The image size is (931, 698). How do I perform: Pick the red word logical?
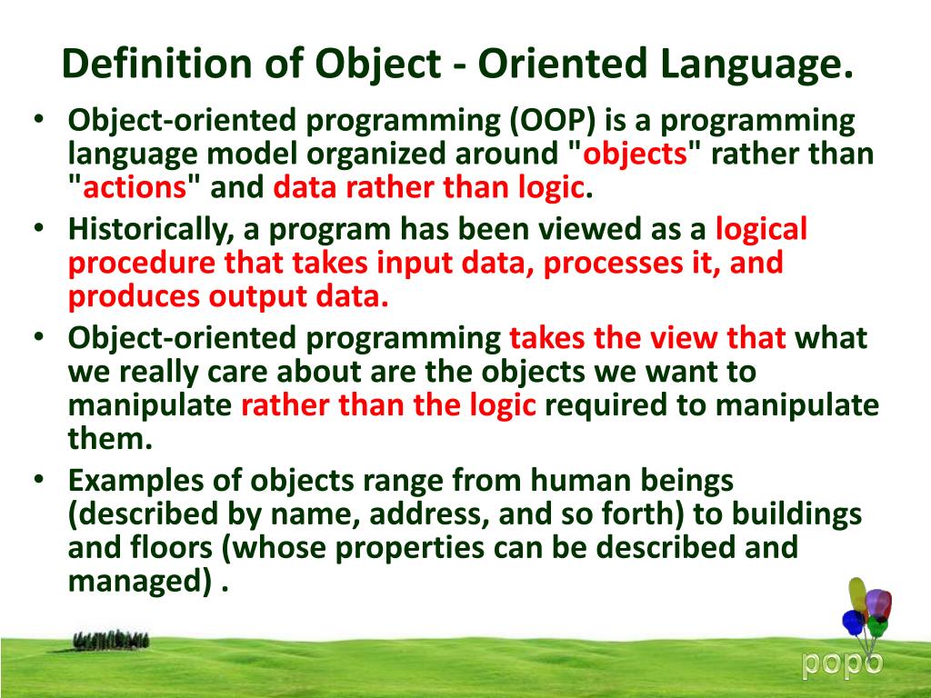tap(762, 230)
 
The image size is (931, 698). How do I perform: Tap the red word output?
tap(260, 296)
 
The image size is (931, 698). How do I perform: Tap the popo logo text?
tap(841, 663)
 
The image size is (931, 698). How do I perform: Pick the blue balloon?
tap(853, 623)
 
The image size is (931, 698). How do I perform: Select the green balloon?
tap(876, 626)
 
